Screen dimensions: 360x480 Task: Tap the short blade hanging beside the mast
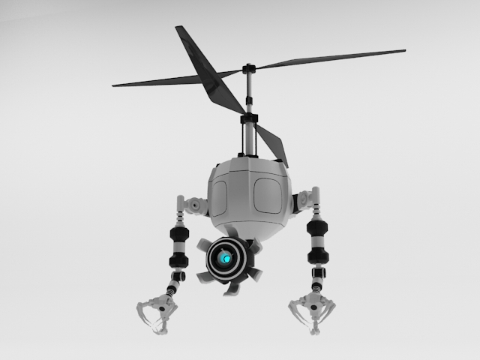[x=271, y=144]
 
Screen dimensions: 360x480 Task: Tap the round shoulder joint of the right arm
[x=302, y=200]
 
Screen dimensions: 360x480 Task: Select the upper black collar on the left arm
[x=179, y=233]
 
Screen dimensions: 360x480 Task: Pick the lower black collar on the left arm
[x=178, y=260]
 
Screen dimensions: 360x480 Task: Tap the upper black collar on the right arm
[x=318, y=230]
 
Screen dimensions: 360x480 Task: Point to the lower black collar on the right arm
[x=318, y=256]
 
